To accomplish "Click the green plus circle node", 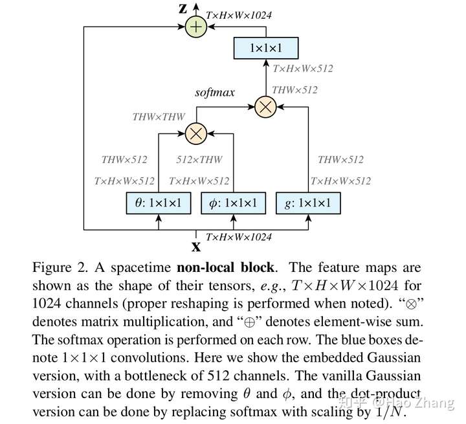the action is coord(196,27).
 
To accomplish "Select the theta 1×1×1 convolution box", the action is coord(159,203).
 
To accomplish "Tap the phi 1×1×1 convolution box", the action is coord(233,203).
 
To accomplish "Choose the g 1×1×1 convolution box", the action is coord(308,203).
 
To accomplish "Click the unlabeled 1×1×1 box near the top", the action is coord(266,48).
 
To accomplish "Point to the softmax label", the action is coord(215,93).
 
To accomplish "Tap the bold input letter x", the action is coord(196,247).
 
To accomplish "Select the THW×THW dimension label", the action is coord(159,117).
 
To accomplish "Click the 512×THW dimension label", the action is coord(199,159).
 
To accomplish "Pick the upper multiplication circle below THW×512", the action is coord(266,107).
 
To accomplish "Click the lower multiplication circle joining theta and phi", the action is coord(196,133).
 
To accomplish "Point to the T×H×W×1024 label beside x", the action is coord(239,237).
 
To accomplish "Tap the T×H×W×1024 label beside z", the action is coord(239,15).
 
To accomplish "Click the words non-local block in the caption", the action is coord(225,267).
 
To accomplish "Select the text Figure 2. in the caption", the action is coord(60,267).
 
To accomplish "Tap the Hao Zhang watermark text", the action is coord(414,402).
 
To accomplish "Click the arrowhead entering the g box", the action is coord(308,218).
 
